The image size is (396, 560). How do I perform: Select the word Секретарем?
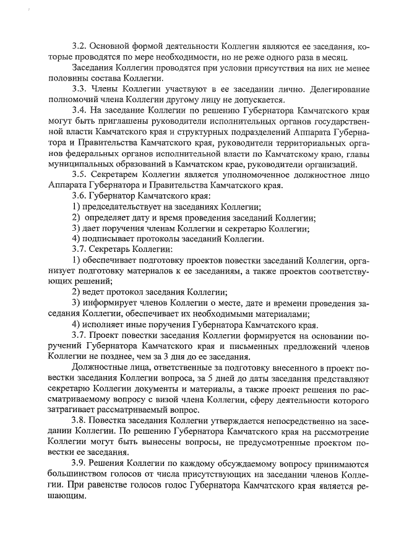pyautogui.click(x=121, y=174)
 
